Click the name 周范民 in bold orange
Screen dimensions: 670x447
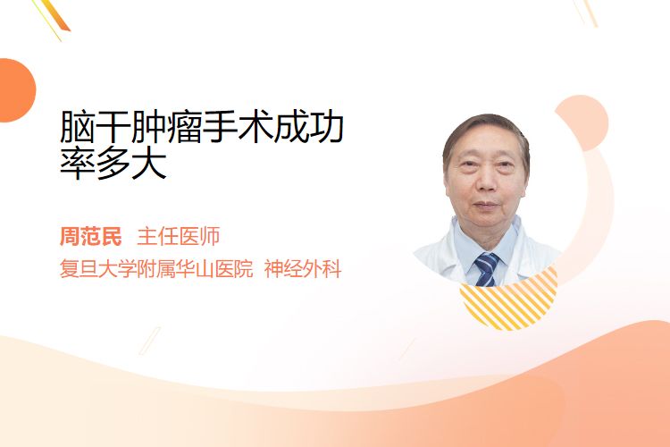(x=91, y=237)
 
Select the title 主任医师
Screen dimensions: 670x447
(x=179, y=237)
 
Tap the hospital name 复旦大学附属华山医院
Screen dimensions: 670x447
(x=156, y=269)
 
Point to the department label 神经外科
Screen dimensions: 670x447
(x=303, y=269)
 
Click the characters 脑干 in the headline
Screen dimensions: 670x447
(x=95, y=127)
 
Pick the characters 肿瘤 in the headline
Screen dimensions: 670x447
(x=166, y=127)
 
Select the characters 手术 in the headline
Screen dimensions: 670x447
(x=238, y=127)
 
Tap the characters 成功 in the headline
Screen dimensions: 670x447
(x=308, y=127)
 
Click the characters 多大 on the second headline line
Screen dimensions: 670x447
(x=130, y=163)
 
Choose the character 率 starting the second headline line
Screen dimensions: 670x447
(x=78, y=163)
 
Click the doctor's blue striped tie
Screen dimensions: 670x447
(x=486, y=269)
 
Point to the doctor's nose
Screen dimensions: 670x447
(x=486, y=181)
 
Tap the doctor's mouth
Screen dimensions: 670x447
(x=485, y=206)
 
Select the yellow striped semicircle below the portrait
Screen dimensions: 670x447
(x=508, y=299)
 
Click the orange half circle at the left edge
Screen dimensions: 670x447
(x=16, y=90)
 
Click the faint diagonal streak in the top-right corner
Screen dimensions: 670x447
(x=586, y=12)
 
